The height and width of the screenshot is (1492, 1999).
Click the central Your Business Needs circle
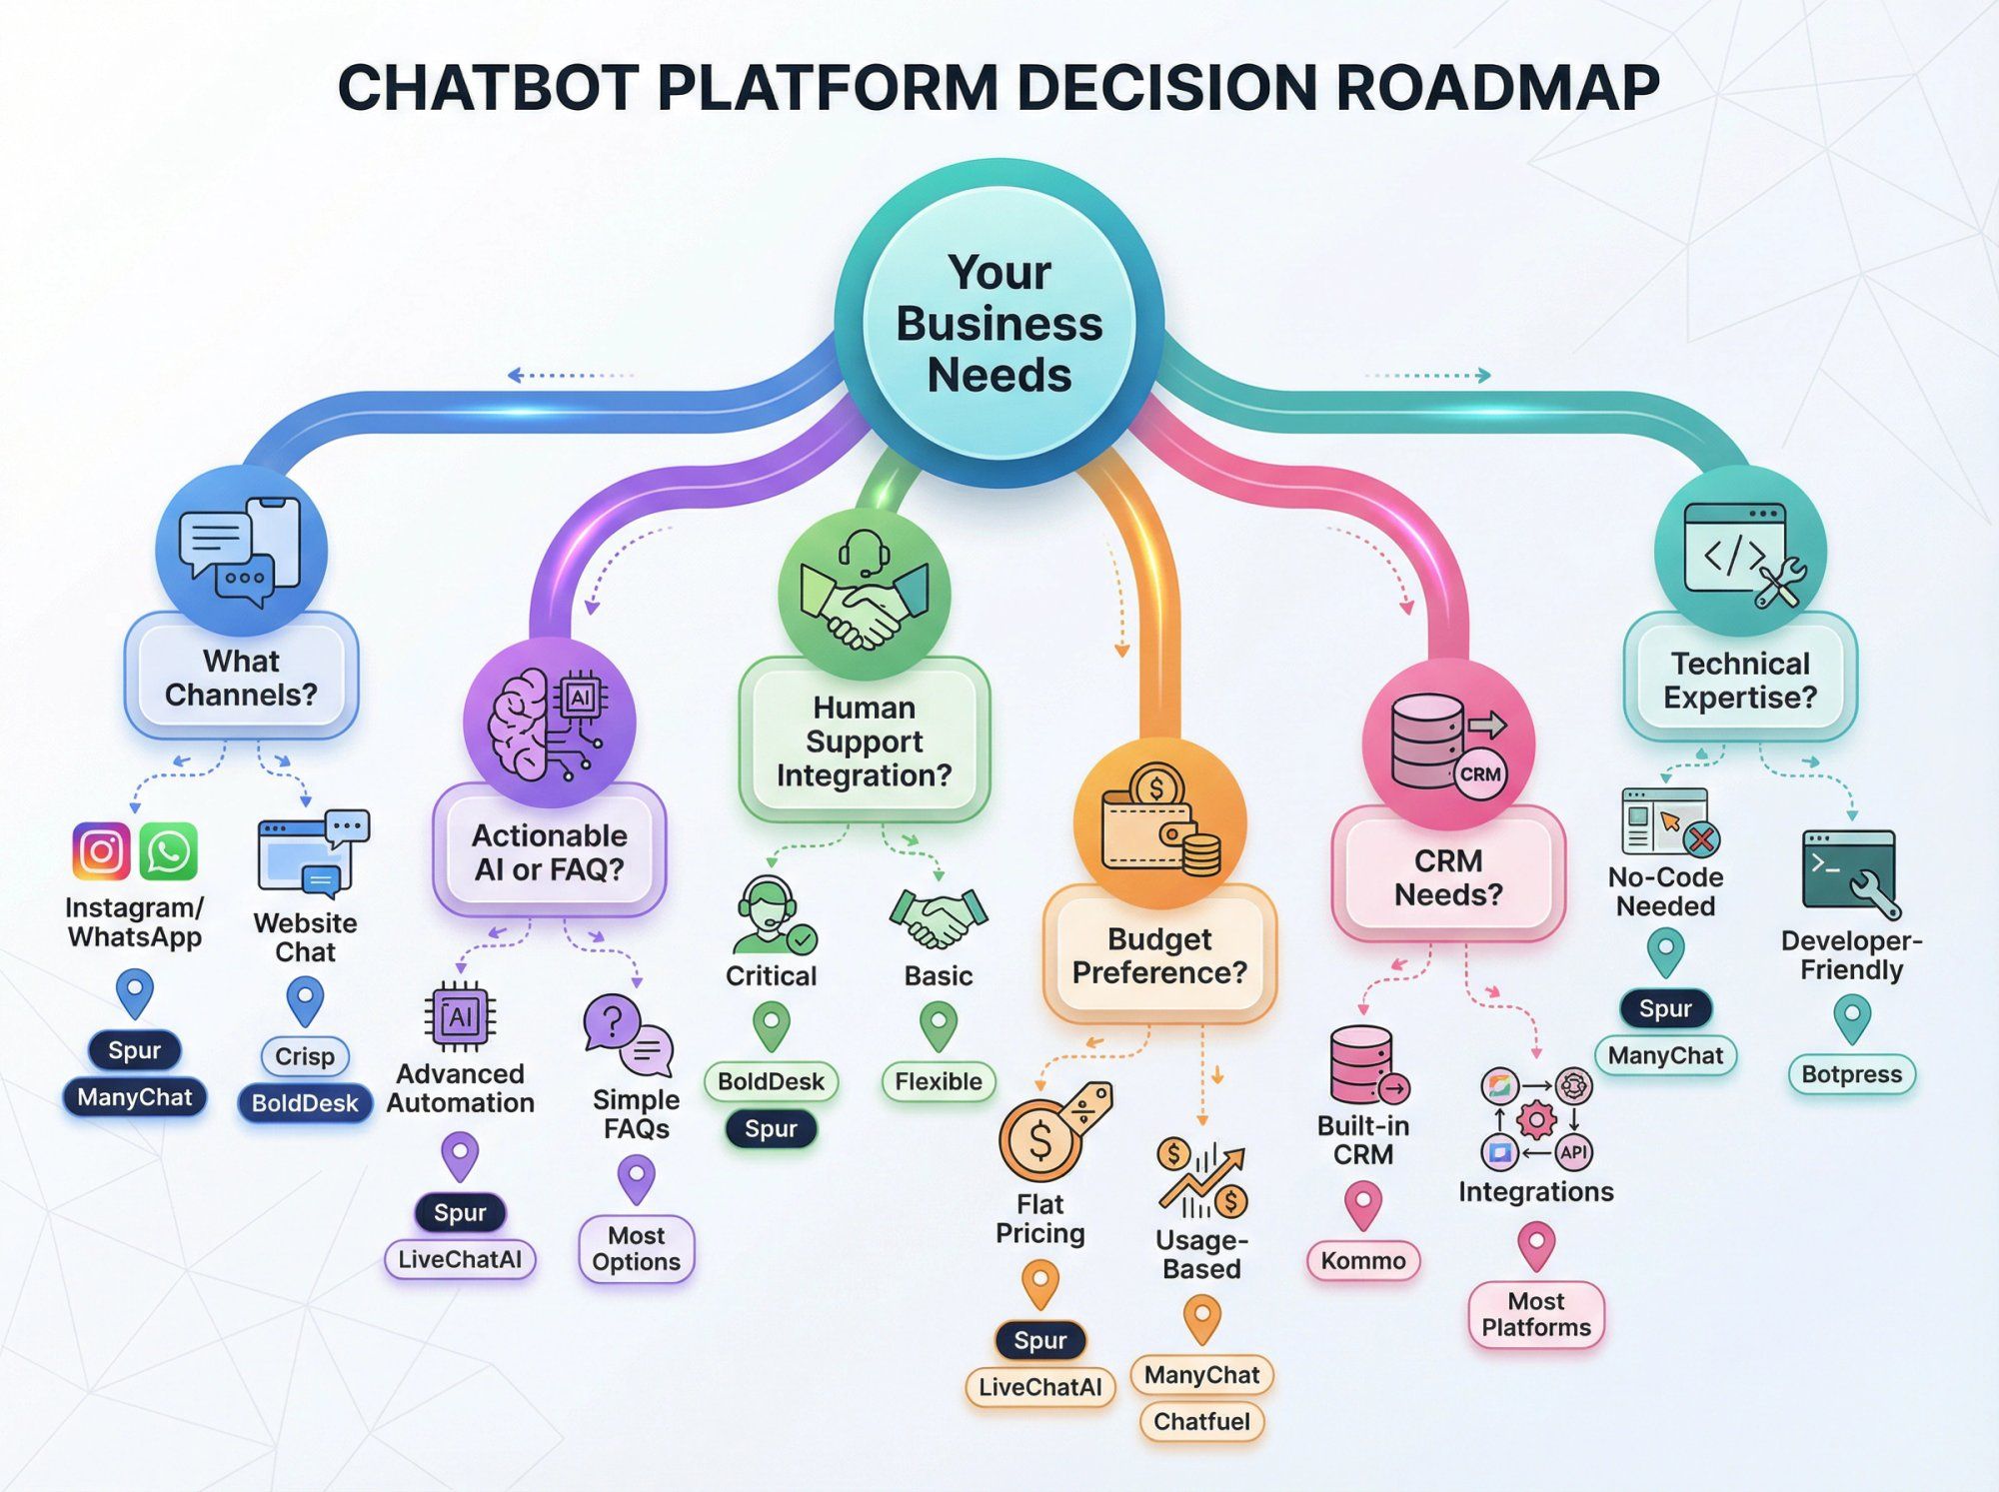999,323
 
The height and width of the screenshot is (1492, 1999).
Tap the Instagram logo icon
101,851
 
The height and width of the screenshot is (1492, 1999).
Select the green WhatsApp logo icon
168,851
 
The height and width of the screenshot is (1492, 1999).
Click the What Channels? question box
241,678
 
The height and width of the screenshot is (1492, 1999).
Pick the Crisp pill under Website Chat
305,1056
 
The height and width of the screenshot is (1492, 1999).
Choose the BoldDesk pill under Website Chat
305,1103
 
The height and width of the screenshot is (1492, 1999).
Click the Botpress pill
1851,1074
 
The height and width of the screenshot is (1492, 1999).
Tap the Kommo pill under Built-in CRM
1363,1260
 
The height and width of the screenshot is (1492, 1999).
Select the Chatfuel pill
1201,1421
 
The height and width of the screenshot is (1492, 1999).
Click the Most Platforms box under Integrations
1536,1314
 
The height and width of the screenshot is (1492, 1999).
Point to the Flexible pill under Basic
939,1081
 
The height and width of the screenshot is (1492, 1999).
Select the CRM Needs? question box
1448,876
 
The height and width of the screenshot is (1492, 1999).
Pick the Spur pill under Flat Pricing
1040,1340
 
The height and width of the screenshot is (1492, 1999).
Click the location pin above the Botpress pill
1852,1020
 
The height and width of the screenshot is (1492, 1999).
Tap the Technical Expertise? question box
1740,680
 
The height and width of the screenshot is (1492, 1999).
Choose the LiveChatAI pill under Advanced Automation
460,1259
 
